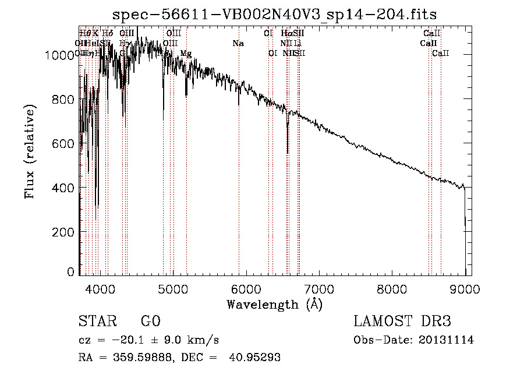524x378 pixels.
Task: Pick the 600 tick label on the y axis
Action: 66,144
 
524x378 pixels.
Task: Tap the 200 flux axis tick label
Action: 66,232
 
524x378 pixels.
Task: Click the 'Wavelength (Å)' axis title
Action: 274,304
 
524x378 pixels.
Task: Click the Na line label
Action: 238,44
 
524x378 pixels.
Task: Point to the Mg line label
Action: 186,54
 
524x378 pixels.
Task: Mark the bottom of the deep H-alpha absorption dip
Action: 288,153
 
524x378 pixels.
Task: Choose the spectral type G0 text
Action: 150,322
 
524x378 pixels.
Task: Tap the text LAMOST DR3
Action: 402,322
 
